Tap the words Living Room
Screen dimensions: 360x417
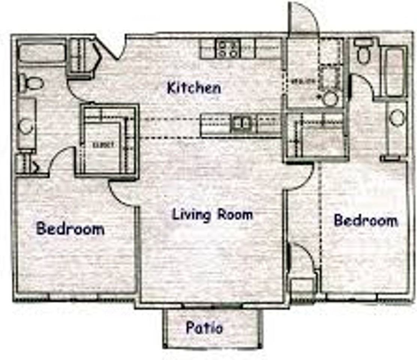click(x=212, y=215)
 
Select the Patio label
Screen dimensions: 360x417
click(x=204, y=328)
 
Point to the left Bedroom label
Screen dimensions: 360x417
click(x=70, y=228)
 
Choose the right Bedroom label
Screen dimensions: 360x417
click(x=366, y=220)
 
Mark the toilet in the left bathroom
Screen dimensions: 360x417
click(x=30, y=83)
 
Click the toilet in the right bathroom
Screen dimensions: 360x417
click(x=363, y=52)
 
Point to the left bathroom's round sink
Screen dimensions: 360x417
click(x=25, y=126)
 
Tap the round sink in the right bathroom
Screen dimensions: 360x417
click(x=397, y=118)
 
